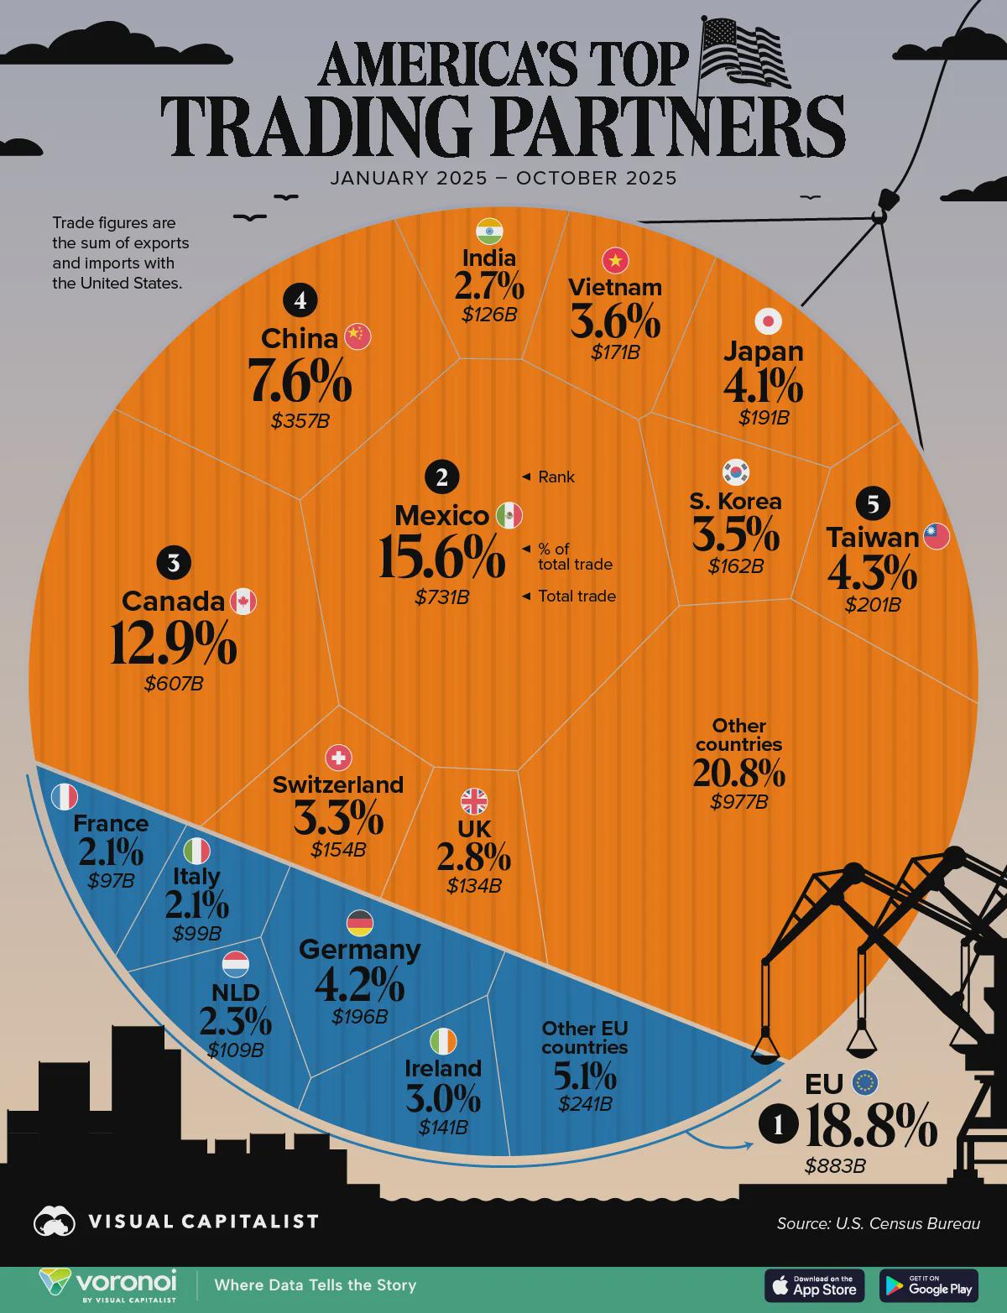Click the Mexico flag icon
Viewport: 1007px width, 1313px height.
pyautogui.click(x=509, y=515)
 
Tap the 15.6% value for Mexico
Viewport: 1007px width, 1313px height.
pyautogui.click(x=441, y=557)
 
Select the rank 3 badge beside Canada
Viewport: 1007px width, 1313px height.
pyautogui.click(x=174, y=563)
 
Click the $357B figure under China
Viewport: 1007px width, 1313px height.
pyautogui.click(x=300, y=421)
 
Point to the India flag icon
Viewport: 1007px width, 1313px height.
pyautogui.click(x=489, y=230)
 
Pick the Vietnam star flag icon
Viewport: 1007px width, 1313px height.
pyautogui.click(x=616, y=261)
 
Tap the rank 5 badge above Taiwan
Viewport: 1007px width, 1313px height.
pyautogui.click(x=874, y=503)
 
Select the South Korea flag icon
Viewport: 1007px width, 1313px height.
pyautogui.click(x=736, y=472)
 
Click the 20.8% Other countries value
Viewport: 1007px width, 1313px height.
pyautogui.click(x=738, y=773)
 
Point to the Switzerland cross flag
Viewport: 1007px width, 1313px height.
pyautogui.click(x=338, y=758)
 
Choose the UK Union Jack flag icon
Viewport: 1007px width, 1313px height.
pyautogui.click(x=474, y=801)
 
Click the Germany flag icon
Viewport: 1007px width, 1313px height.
pyautogui.click(x=360, y=923)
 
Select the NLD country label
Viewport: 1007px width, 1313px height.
pyautogui.click(x=236, y=993)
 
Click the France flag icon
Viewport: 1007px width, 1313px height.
pyautogui.click(x=65, y=797)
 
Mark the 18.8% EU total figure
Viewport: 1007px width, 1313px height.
pyautogui.click(x=870, y=1127)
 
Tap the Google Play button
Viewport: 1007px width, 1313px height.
pyautogui.click(x=928, y=1285)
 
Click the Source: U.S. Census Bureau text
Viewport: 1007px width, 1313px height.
pyautogui.click(x=878, y=1223)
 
